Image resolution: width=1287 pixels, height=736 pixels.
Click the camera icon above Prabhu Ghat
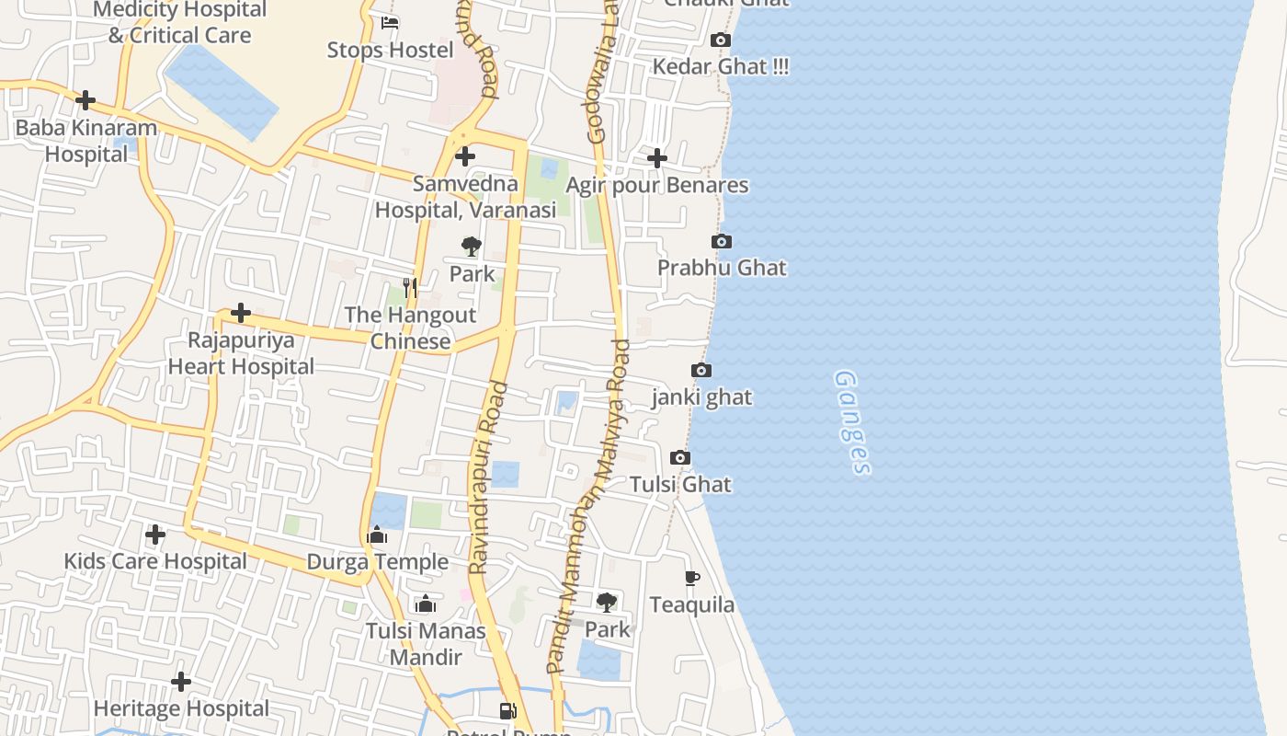[722, 241]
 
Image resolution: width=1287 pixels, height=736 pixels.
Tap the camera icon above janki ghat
[701, 371]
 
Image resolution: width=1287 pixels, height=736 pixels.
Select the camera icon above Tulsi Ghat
[680, 457]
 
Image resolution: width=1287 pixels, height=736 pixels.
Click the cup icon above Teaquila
[692, 578]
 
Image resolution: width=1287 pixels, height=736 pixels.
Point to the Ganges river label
[852, 422]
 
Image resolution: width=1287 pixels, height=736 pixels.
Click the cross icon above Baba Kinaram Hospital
[85, 100]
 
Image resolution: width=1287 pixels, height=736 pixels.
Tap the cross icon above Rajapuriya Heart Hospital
[241, 313]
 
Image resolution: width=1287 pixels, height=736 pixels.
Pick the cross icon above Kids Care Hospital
[155, 535]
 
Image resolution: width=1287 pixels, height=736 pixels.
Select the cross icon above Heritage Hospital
[181, 682]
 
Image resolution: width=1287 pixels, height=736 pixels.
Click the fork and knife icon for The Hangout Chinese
[410, 288]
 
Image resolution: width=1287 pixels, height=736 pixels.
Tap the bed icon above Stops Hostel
[390, 23]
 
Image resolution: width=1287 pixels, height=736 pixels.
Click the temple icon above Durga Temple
[377, 535]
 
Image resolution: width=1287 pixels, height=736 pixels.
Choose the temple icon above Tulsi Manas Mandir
[425, 604]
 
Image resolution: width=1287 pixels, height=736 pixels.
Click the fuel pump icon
[507, 710]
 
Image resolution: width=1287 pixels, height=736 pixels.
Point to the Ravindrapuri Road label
[488, 478]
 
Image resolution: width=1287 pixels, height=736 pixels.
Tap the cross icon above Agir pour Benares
[656, 158]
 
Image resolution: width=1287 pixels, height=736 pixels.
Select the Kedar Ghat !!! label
[721, 67]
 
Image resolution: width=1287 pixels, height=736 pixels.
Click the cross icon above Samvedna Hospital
[465, 156]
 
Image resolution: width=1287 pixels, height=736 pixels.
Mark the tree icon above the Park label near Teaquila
[607, 603]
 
